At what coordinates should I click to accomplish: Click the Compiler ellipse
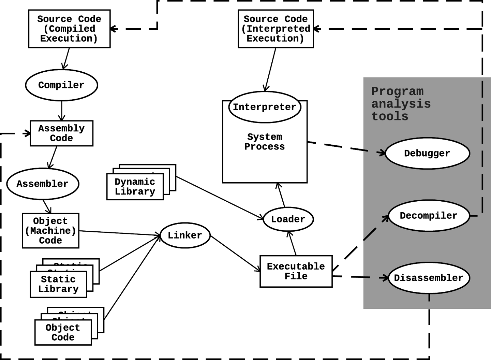click(x=61, y=85)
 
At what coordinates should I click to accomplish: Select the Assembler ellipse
click(x=43, y=184)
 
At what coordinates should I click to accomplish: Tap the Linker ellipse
click(x=185, y=235)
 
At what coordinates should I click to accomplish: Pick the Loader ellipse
click(x=288, y=219)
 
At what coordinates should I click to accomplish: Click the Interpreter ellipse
click(x=265, y=107)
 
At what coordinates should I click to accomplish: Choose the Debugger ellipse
click(x=427, y=154)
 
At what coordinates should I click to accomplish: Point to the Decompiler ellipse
click(x=429, y=216)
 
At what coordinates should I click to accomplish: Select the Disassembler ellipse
click(x=429, y=278)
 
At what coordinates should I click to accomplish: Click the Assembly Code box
click(x=61, y=133)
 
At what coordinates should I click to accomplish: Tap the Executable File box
click(x=296, y=271)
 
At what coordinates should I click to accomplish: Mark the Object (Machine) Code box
click(x=50, y=231)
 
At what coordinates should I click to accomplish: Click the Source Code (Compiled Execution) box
click(x=69, y=29)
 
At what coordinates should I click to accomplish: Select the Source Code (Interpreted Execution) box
click(x=276, y=29)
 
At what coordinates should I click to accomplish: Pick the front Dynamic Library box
click(x=135, y=187)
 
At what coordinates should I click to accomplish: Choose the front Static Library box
click(x=58, y=284)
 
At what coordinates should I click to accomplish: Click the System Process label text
click(x=265, y=142)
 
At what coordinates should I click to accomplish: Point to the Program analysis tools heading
click(x=401, y=104)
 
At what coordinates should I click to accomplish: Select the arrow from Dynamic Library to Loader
click(x=220, y=198)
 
